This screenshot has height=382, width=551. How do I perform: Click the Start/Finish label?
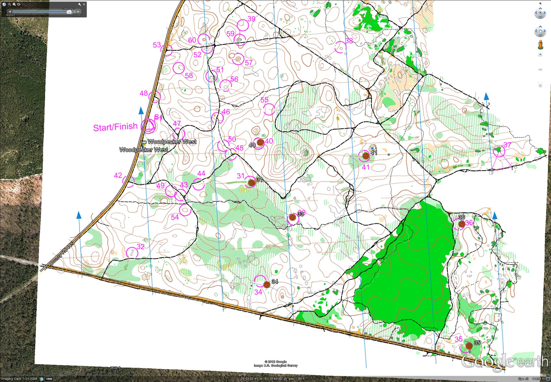(115, 127)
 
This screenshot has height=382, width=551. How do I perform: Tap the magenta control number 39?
(251, 18)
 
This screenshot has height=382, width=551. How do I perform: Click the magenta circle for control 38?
(340, 47)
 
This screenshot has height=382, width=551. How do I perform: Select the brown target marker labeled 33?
(292, 217)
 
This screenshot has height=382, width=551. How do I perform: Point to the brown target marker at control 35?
(469, 346)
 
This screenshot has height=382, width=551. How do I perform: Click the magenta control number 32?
(141, 246)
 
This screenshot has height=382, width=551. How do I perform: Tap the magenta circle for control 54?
(185, 210)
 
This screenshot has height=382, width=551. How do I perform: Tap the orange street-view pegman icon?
(540, 45)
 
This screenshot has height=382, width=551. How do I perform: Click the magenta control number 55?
(264, 100)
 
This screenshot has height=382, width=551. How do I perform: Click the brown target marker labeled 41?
(365, 156)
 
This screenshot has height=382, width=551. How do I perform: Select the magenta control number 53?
(157, 45)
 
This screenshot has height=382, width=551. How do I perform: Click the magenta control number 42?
(118, 175)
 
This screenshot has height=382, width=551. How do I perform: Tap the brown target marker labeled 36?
(461, 224)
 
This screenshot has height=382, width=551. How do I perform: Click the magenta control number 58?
(189, 75)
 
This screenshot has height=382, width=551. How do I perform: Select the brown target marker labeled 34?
(266, 285)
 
